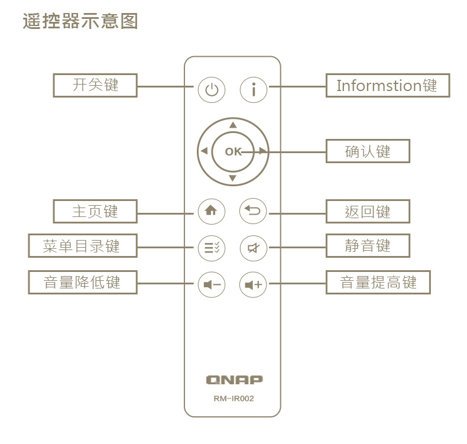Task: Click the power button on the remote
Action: coord(212,90)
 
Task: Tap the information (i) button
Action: coord(254,90)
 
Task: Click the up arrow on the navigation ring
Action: coord(233,125)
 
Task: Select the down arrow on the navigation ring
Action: coord(233,178)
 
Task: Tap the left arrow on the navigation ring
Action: coord(204,151)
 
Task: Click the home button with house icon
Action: coord(212,211)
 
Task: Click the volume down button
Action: coord(212,285)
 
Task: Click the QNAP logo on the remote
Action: coord(234,380)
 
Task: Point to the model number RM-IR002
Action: coord(234,398)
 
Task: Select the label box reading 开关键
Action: coord(95,85)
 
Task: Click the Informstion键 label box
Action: coord(388,85)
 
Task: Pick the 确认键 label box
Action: coord(368,151)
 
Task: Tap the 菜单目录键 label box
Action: coord(82,246)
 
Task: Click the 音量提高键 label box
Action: coord(378,283)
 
